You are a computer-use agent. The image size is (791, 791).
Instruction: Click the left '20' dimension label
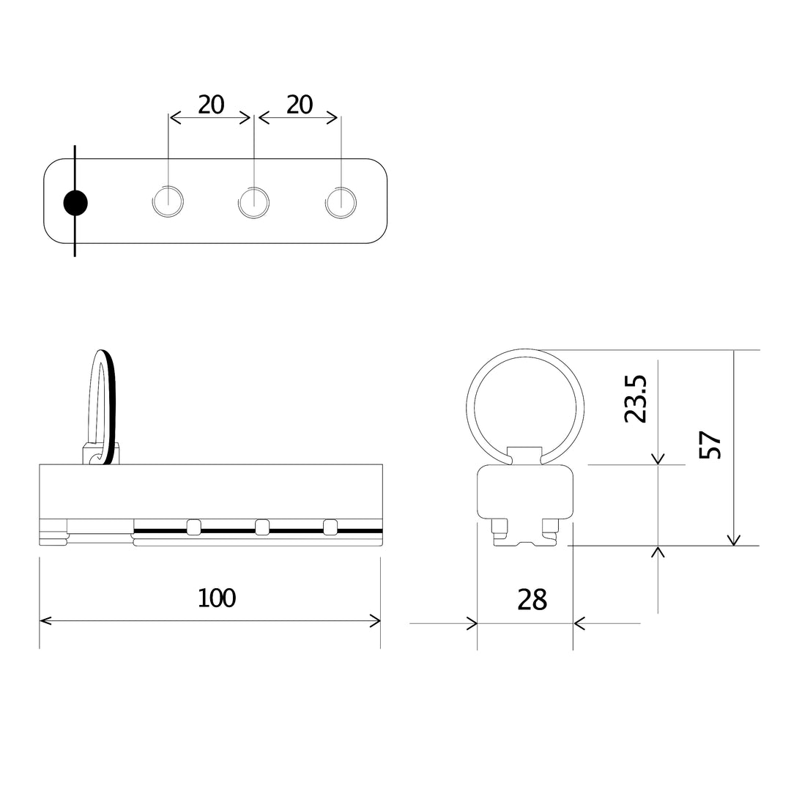pos(211,105)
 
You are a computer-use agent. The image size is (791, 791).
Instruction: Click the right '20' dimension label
pos(300,105)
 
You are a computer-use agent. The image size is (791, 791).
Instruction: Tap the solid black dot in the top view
pos(75,203)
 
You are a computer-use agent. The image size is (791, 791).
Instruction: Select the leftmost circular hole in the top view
pos(168,201)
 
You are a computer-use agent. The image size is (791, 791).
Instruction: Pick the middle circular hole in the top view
pos(254,201)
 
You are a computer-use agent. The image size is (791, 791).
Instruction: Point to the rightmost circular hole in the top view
pos(341,201)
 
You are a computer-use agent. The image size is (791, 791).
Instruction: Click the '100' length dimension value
pos(217,598)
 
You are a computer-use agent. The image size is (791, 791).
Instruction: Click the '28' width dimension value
pos(532,599)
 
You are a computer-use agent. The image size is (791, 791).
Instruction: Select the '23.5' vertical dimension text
pos(636,399)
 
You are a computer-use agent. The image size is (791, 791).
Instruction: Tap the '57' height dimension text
pos(710,445)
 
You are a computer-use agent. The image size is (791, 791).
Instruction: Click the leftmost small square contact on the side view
pos(194,526)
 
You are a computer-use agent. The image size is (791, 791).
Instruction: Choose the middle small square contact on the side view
pos(262,526)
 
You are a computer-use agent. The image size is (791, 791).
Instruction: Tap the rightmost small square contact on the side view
pos(330,526)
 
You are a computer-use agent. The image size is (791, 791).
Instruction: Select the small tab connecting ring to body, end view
pos(525,455)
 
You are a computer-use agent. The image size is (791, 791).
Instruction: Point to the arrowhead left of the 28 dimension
pos(472,624)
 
